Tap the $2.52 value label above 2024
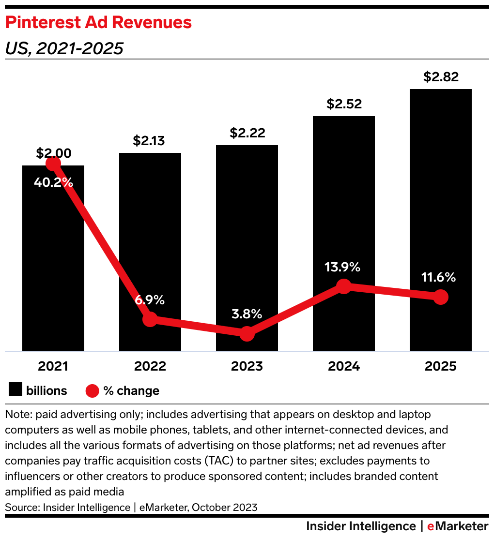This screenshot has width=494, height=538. click(344, 104)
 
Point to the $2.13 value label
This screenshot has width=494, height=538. click(150, 141)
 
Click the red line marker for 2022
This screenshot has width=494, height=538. click(150, 319)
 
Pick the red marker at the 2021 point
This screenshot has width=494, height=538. click(53, 164)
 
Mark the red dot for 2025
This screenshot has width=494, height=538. click(440, 297)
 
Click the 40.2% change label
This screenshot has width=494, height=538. click(53, 183)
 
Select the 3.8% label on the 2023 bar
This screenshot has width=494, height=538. click(247, 314)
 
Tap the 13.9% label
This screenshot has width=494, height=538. click(343, 267)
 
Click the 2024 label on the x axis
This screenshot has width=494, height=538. click(344, 366)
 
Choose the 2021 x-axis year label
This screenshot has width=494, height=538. click(53, 366)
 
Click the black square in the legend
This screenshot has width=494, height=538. click(15, 390)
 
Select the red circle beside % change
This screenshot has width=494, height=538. click(92, 390)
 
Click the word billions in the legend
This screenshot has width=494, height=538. click(46, 390)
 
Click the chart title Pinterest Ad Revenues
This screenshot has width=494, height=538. click(98, 22)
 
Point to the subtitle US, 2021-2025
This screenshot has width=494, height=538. click(64, 48)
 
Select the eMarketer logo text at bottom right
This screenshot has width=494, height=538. click(458, 526)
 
